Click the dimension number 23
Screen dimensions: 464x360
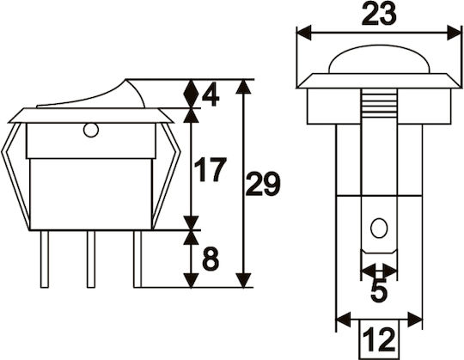pos(379,15)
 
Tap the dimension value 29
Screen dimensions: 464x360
pos(263,185)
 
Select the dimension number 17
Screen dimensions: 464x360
pos(211,170)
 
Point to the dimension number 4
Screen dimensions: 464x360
pos(211,97)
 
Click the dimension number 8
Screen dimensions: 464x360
pos(211,259)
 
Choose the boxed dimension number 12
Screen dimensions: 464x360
pos(379,339)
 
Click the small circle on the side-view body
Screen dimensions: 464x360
pos(90,130)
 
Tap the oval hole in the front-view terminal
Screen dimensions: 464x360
pos(379,228)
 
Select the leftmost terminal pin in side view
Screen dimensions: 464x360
pos(45,259)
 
